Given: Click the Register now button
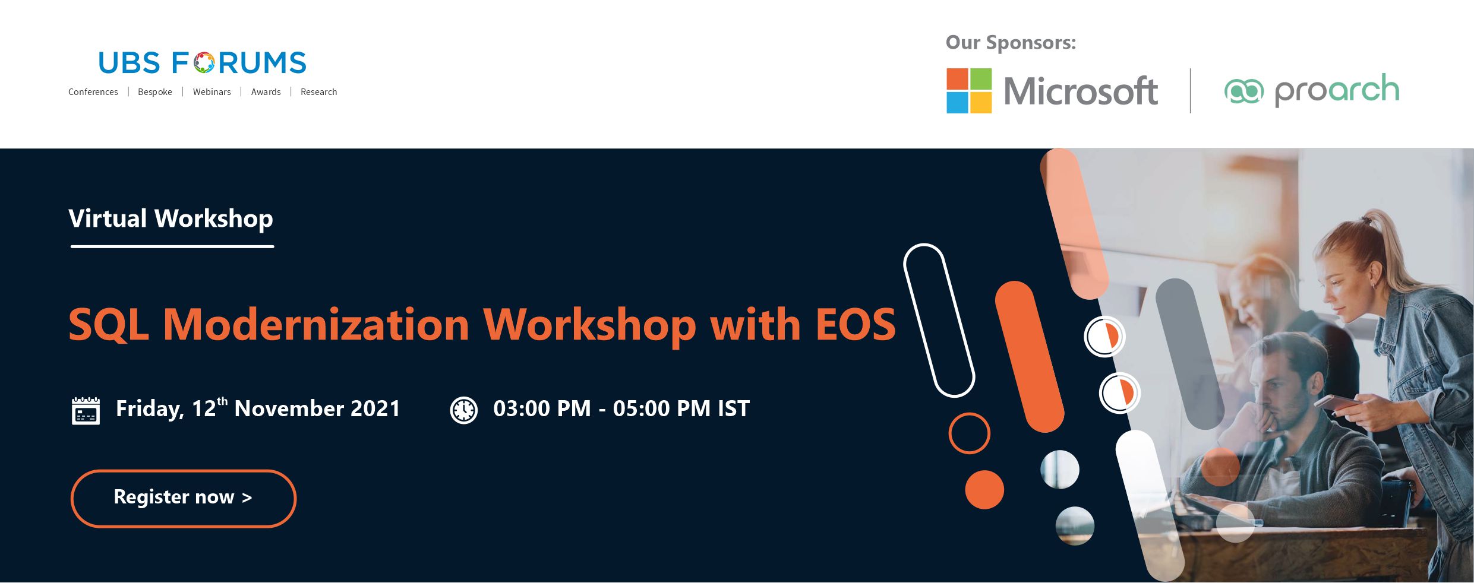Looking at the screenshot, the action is (184, 498).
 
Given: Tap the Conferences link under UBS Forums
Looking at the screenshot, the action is (93, 92).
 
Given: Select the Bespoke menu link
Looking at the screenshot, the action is (155, 92).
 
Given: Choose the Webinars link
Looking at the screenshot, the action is (212, 92).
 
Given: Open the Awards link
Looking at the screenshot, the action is (266, 92).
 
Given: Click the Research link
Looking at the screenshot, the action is (318, 92).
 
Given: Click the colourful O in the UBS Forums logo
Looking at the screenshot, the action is (204, 63).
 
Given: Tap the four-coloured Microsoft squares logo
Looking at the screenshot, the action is (969, 91).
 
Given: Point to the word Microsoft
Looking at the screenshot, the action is (1081, 91).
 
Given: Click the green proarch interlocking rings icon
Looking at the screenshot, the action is (1244, 91).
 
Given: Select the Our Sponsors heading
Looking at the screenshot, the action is (1011, 43).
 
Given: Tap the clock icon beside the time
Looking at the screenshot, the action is (464, 410).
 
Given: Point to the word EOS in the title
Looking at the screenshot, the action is (856, 325).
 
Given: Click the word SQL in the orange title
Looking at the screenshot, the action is (108, 325).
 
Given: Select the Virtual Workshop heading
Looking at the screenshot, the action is (171, 219).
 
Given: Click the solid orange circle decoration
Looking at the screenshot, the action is (984, 490).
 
